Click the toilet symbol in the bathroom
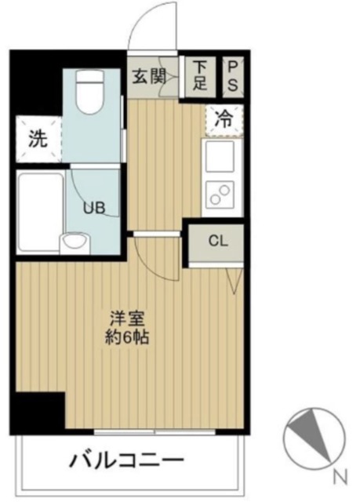(x=90, y=92)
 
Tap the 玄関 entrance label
(x=149, y=77)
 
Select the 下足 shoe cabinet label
(x=200, y=75)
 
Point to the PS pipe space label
(x=233, y=75)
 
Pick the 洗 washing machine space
(x=38, y=139)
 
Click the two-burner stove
(x=220, y=194)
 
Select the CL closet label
(x=218, y=241)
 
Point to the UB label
(x=94, y=209)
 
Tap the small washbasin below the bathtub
(x=75, y=244)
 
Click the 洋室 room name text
(x=128, y=318)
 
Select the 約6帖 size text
(x=127, y=336)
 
